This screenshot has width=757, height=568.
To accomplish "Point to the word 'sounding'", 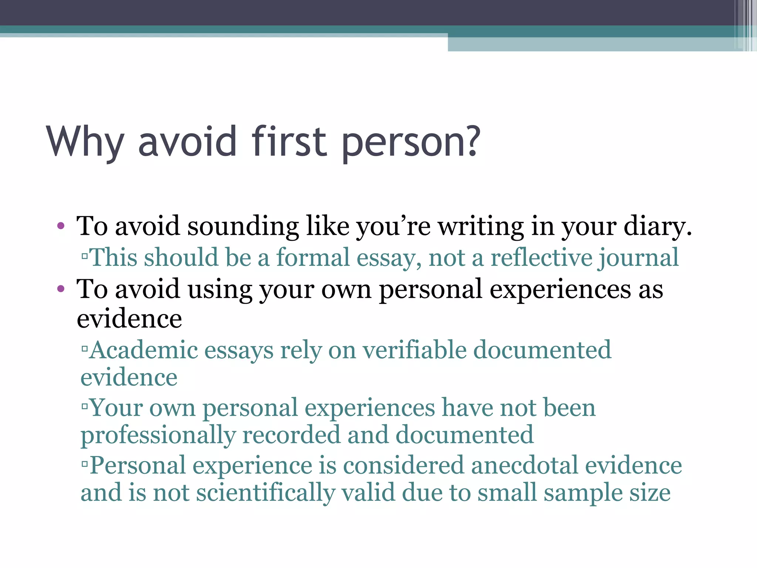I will point(243,226).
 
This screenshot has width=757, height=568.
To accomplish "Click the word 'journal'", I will point(639,258).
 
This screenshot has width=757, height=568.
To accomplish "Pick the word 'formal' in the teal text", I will point(313,257).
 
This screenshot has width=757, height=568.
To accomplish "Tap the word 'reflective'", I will point(541,257).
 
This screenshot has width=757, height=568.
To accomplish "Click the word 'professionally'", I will point(158,436).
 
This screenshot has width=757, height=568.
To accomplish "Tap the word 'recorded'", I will point(291,435).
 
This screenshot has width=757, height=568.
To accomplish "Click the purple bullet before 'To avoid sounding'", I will point(61,226).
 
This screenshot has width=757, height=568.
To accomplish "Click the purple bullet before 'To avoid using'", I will point(61,289).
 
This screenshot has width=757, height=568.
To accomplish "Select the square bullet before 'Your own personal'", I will point(85,406).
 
